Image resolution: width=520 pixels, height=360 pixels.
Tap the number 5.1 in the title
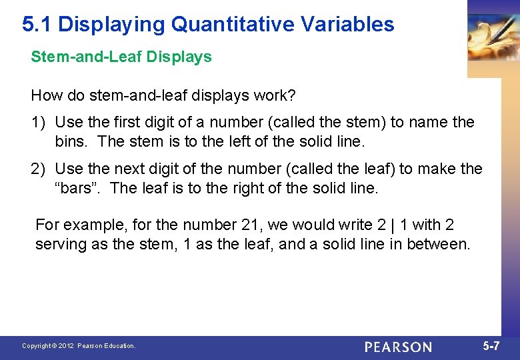click(37, 25)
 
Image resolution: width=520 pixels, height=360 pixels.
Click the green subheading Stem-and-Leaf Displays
click(121, 57)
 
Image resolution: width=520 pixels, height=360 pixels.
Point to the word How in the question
click(47, 95)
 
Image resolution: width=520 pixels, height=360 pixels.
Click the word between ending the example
click(437, 244)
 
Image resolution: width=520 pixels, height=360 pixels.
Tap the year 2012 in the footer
click(66, 346)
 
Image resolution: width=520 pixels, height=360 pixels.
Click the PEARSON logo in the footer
click(398, 347)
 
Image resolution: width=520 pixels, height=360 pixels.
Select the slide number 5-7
click(491, 346)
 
